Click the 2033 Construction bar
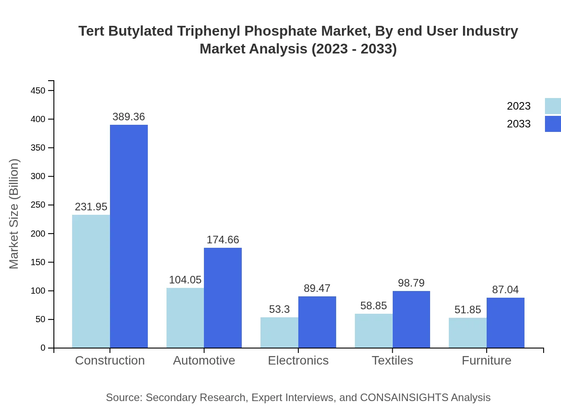tap(129, 236)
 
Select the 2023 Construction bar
tap(91, 281)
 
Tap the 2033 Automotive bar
tap(223, 298)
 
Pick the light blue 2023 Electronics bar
tap(279, 332)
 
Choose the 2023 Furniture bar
tap(467, 332)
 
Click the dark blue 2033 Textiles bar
tap(411, 319)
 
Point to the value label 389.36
tap(129, 117)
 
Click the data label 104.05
tap(185, 280)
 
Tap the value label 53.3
tap(279, 309)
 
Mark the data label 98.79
tap(411, 283)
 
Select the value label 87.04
tap(505, 290)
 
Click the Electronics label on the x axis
tap(298, 360)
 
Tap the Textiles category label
tap(392, 360)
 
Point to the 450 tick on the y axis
tap(38, 90)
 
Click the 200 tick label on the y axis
tap(38, 234)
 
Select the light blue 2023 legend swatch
tap(553, 106)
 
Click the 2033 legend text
tap(519, 124)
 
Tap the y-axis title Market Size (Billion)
tap(14, 214)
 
